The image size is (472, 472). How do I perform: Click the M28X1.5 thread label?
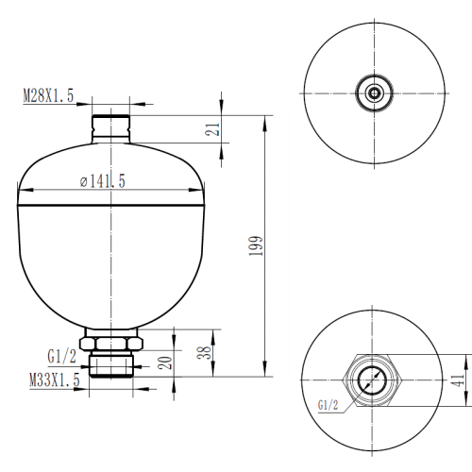pyautogui.click(x=50, y=95)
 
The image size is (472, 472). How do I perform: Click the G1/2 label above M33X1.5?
pyautogui.click(x=60, y=357)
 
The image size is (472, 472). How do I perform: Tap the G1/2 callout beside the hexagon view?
pyautogui.click(x=328, y=406)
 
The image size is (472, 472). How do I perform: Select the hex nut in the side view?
pyautogui.click(x=111, y=343)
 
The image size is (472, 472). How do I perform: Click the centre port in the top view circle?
pyautogui.click(x=376, y=93)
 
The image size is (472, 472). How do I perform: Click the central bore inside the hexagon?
pyautogui.click(x=376, y=379)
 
